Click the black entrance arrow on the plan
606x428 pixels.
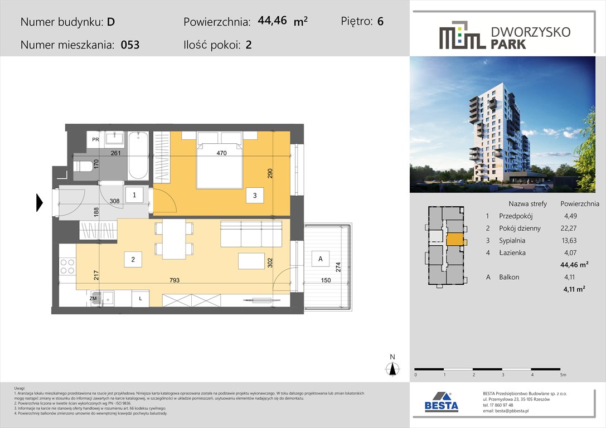[x=39, y=202]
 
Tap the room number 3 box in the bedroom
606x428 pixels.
[x=254, y=196]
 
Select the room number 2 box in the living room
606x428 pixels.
[x=133, y=259]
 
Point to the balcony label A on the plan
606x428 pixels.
[x=320, y=259]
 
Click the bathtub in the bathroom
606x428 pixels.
[x=137, y=155]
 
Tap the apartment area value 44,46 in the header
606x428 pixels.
[x=273, y=21]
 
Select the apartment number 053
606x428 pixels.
[x=130, y=45]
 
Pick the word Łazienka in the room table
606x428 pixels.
[x=514, y=252]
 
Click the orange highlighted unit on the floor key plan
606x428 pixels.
[x=454, y=239]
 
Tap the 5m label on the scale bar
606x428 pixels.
[x=563, y=374]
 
